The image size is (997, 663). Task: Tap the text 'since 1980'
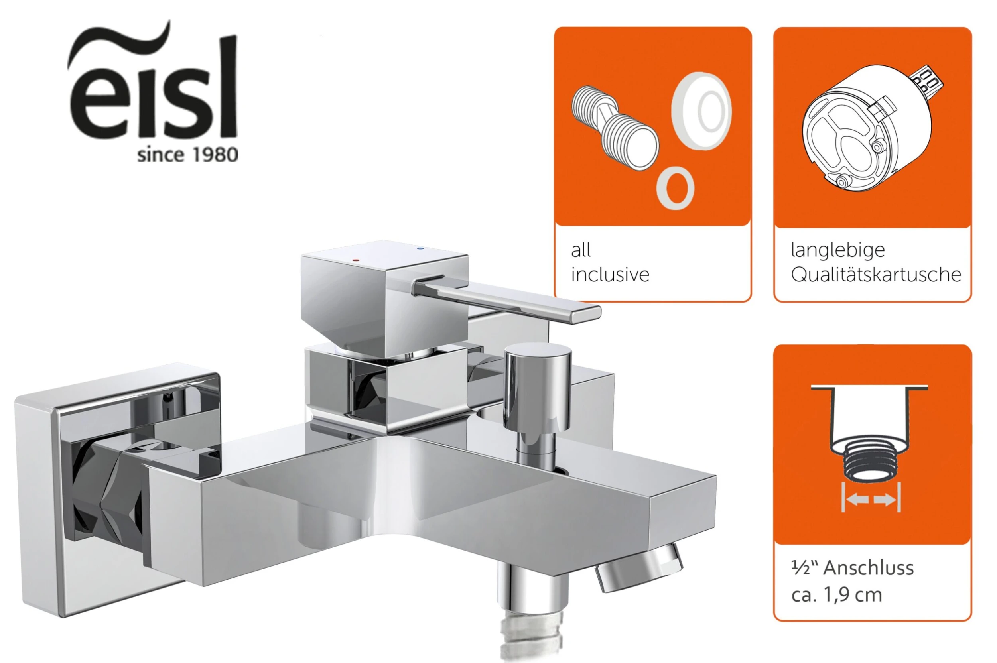coord(187,155)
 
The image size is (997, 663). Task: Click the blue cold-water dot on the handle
coord(420,249)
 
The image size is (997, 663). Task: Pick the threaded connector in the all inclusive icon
coord(615,128)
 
